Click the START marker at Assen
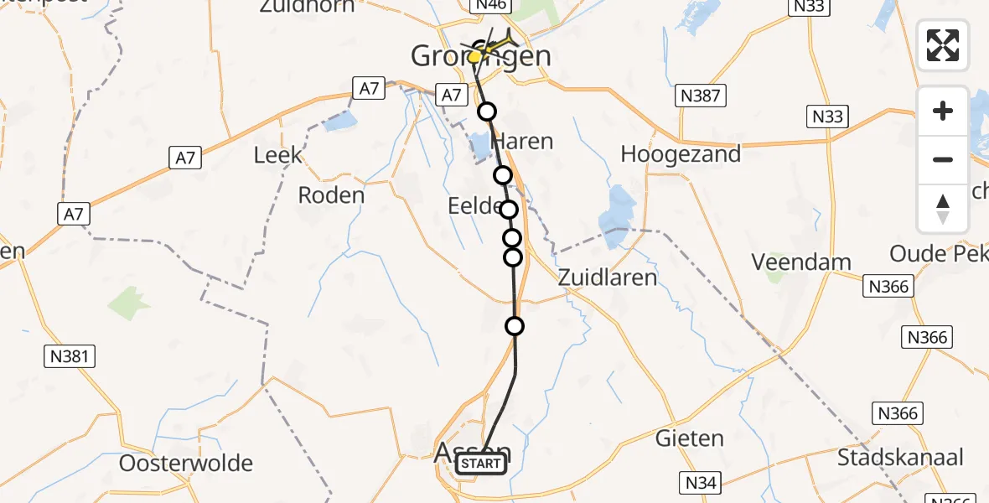pos(481,464)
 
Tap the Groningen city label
pos(481,57)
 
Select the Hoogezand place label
pos(681,154)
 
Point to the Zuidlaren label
pos(607,277)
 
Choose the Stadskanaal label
pos(900,458)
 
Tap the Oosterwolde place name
pos(186,464)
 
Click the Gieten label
pos(690,438)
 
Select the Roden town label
pos(331,195)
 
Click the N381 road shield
pos(70,357)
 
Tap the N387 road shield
pos(699,96)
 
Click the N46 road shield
pos(489,6)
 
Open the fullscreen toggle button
pos(943,45)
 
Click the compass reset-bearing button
pos(943,208)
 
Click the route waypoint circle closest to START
pos(515,326)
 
